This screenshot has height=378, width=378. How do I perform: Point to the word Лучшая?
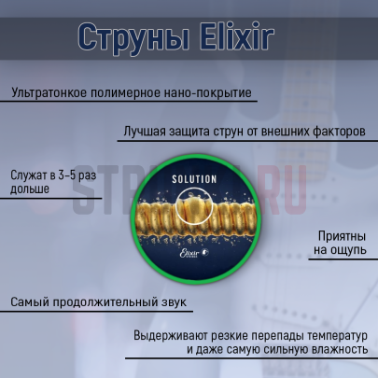[145, 132]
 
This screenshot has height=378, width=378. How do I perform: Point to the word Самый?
[32, 303]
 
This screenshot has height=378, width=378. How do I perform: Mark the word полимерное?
[127, 93]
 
